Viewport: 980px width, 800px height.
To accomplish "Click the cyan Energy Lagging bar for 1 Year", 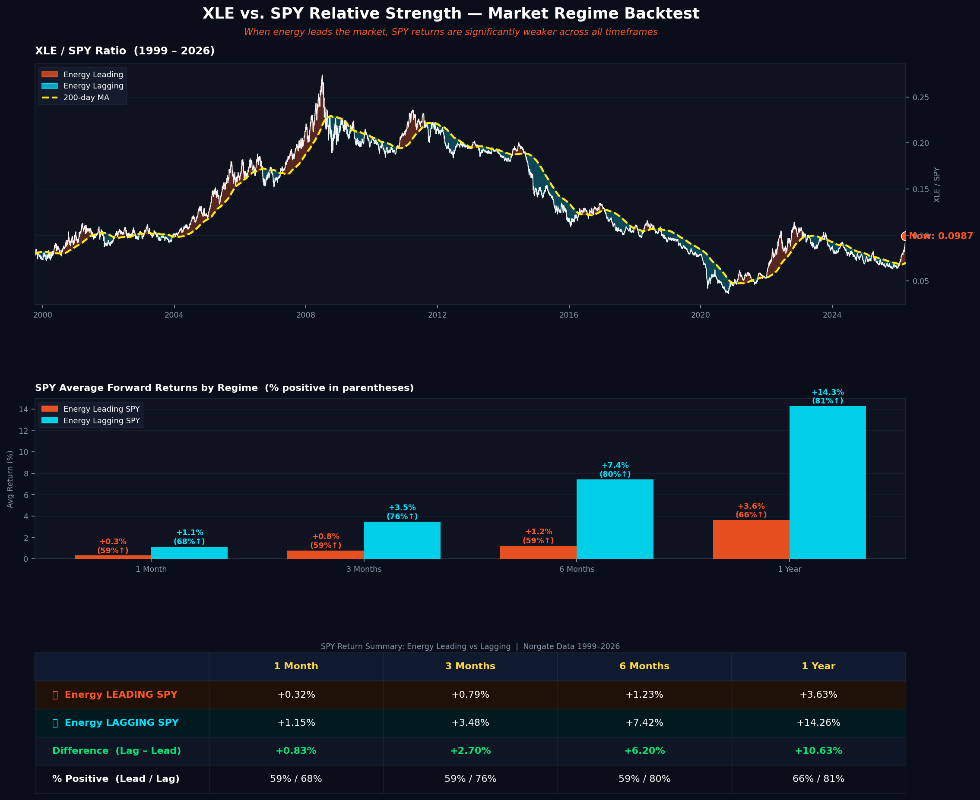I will click(x=828, y=482).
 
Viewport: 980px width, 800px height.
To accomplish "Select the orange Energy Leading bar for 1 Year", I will click(x=751, y=539).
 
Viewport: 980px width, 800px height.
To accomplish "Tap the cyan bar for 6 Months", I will click(x=615, y=519).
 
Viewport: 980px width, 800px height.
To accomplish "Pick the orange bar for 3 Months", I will click(x=326, y=554).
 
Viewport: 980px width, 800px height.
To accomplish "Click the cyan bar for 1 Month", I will click(x=189, y=552).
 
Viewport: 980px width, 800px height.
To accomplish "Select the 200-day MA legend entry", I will click(x=86, y=98).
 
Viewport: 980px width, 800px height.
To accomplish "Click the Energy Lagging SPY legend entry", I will click(x=101, y=421).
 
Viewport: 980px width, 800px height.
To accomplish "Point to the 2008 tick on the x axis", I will click(x=306, y=315).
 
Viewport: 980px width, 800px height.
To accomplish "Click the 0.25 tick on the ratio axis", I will click(x=920, y=98).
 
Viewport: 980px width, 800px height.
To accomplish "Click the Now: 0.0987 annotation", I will click(x=940, y=236).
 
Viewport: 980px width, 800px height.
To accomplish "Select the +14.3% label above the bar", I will click(x=828, y=393).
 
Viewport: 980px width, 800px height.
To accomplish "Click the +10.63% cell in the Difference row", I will click(x=818, y=751).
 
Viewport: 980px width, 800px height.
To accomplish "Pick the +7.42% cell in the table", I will click(x=644, y=723).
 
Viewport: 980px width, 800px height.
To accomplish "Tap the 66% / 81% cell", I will click(x=818, y=779).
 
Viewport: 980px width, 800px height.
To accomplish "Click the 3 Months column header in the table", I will click(x=470, y=666).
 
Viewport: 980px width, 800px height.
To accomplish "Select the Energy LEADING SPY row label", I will click(x=121, y=694).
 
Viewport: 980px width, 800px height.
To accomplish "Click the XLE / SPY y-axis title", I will click(x=937, y=184).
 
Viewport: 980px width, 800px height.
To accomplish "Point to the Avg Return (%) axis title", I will click(x=10, y=479).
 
